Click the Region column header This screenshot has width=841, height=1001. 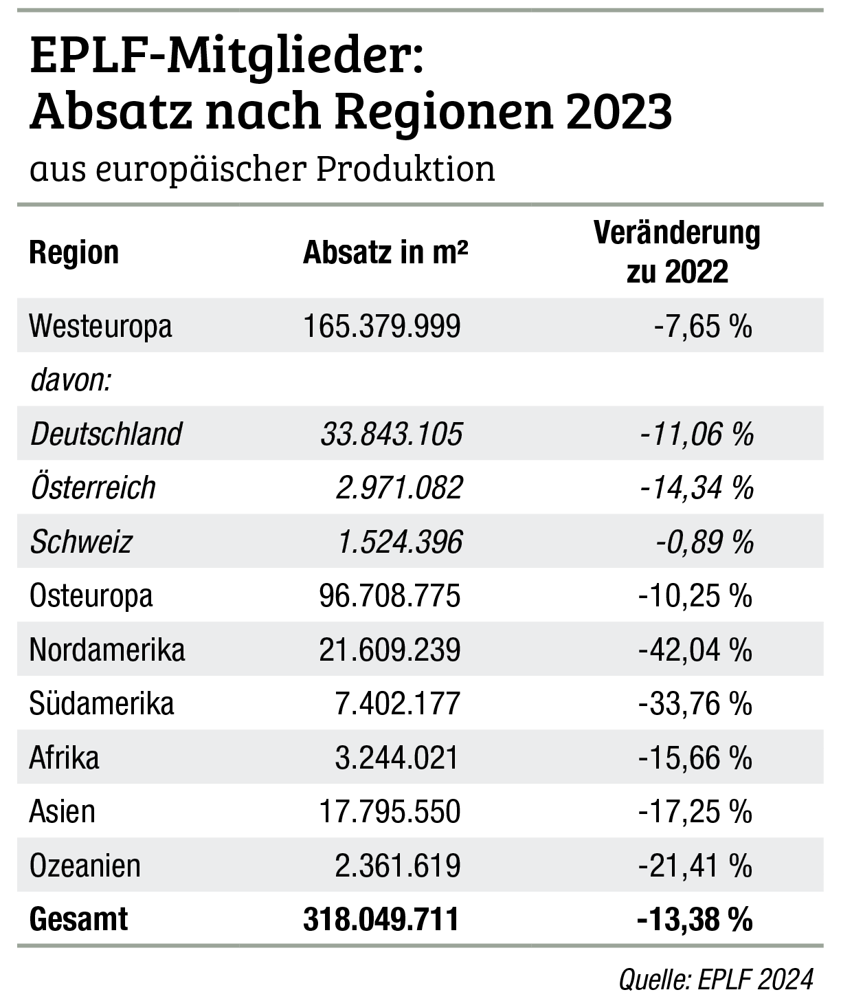(74, 253)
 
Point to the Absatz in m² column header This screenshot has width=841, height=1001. (385, 253)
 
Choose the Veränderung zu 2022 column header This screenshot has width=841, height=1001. (677, 253)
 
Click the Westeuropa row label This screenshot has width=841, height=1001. (100, 326)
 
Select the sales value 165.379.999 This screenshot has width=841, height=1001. (381, 326)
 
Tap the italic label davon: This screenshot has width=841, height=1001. (71, 380)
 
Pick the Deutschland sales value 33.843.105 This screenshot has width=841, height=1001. (391, 434)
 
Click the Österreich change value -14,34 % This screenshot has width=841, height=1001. (696, 488)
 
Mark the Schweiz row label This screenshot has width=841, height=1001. (81, 542)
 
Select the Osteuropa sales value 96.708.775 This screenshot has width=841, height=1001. (390, 596)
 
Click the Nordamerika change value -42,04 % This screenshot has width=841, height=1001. (695, 650)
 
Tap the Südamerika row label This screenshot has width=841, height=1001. (102, 704)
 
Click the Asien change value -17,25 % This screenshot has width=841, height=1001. (695, 812)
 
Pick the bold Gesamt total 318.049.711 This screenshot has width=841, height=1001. (381, 920)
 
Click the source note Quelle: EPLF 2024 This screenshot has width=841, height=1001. (716, 979)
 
